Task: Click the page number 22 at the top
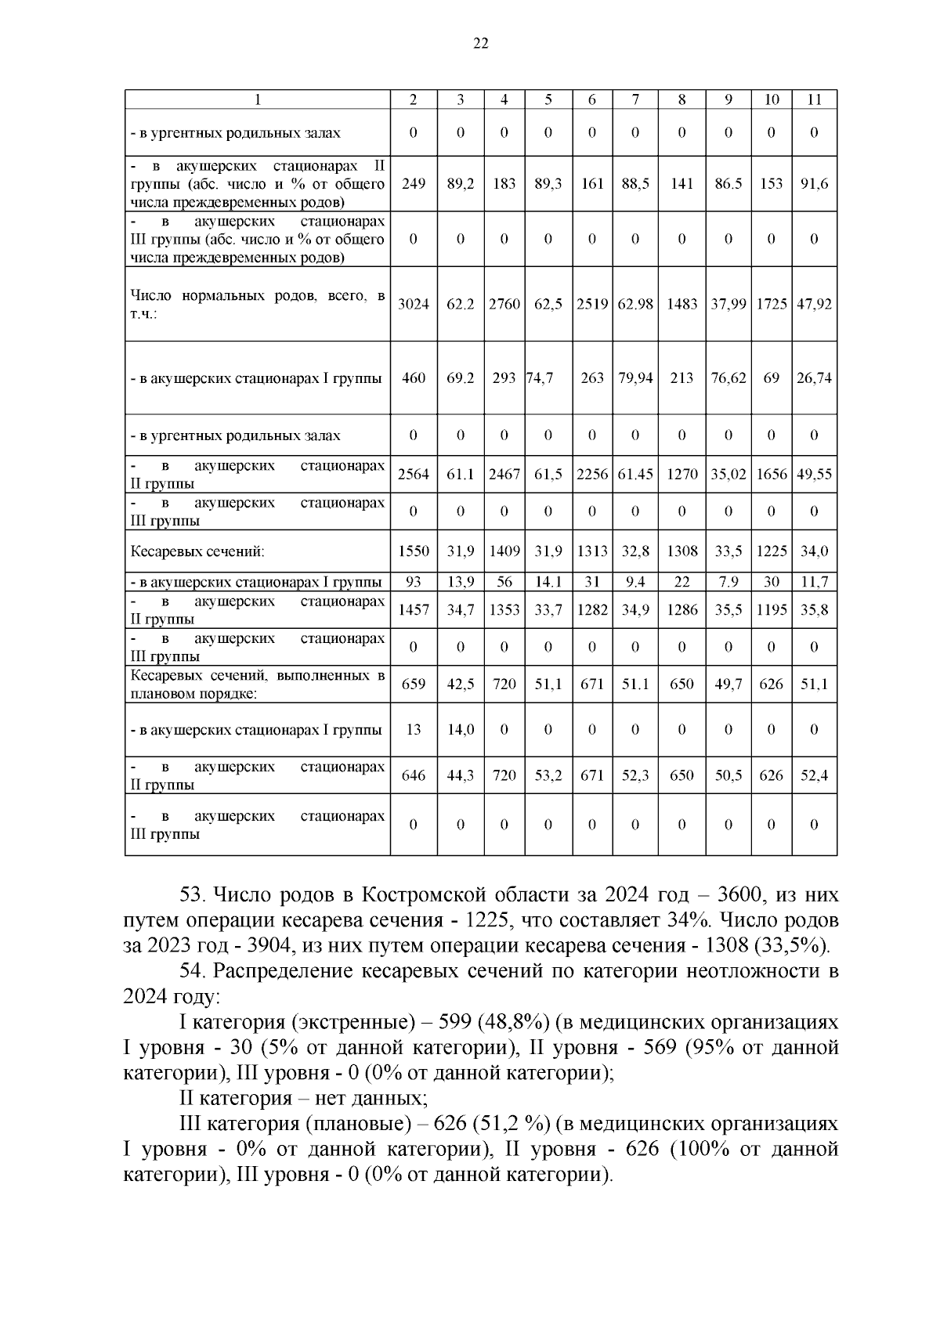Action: [481, 44]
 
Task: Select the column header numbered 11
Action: [814, 99]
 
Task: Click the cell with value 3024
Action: [413, 304]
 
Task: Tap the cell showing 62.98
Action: [634, 304]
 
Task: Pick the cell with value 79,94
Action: [634, 378]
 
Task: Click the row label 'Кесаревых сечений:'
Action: [197, 551]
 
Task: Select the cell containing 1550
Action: [413, 551]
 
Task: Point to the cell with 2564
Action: [413, 475]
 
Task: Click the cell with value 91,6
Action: [814, 184]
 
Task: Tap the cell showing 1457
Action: [413, 610]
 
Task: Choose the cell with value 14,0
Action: [461, 730]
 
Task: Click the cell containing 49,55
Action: [814, 475]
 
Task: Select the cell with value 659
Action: [413, 684]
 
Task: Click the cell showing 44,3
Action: [461, 776]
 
